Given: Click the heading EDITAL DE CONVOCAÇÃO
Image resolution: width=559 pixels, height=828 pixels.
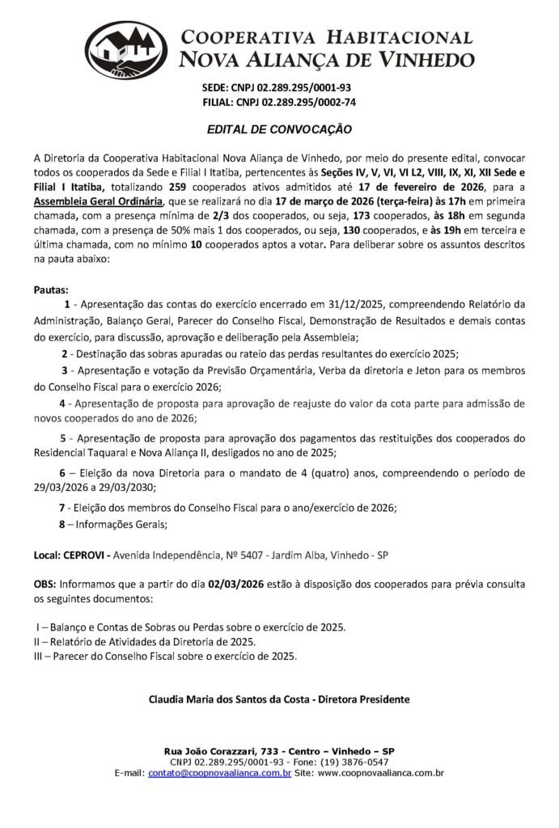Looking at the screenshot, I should coord(278,129).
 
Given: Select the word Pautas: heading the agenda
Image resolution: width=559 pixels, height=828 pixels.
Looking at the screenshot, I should coord(52,289).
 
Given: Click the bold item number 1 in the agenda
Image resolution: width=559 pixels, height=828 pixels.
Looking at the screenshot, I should coord(67,304).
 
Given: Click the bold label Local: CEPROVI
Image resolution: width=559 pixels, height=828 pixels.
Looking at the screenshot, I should coord(70,556).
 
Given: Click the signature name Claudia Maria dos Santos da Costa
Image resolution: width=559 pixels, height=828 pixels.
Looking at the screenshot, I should coord(228,698).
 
